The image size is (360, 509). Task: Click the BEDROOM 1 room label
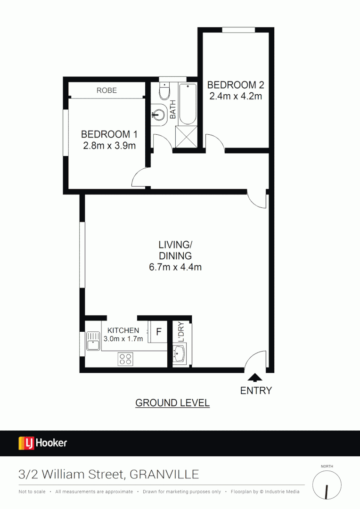pos(109,133)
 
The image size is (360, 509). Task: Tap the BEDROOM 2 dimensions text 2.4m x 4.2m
pos(236,97)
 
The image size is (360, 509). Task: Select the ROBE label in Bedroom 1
pos(106,90)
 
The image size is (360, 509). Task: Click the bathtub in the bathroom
pos(188,105)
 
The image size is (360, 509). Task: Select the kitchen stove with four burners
pos(125,359)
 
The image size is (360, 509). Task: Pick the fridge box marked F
pos(158,331)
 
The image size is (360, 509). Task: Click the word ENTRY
pos(256,390)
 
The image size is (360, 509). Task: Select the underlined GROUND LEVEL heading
pos(172,403)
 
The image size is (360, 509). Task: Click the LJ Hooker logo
pos(43,443)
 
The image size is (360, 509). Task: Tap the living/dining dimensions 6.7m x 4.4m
pos(175,267)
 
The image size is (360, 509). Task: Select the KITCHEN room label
pos(123,330)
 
